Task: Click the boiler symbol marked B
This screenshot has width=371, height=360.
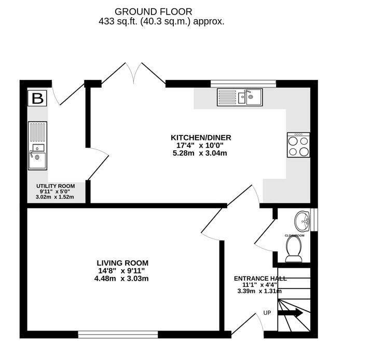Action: click(x=37, y=98)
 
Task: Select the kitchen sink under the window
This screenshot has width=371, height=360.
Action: click(x=240, y=96)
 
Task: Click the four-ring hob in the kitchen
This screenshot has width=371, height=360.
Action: click(x=298, y=145)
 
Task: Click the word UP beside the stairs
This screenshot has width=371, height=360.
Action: click(x=267, y=313)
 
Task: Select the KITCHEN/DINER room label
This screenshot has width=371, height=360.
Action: click(x=201, y=137)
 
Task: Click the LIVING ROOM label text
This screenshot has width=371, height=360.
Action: click(x=122, y=262)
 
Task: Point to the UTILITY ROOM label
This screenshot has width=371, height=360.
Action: click(x=55, y=186)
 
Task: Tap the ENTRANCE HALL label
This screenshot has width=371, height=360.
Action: click(x=260, y=278)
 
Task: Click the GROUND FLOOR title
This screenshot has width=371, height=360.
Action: click(x=153, y=11)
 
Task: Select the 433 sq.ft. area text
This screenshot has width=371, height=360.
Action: click(x=161, y=22)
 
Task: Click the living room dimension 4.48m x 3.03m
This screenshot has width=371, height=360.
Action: click(x=121, y=279)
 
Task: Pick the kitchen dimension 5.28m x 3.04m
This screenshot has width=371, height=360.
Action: click(x=201, y=153)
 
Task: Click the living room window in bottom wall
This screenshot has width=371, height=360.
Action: click(x=118, y=335)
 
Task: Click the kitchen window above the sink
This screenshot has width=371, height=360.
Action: click(x=243, y=82)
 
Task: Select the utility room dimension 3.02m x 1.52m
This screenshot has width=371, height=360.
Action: click(x=55, y=197)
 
